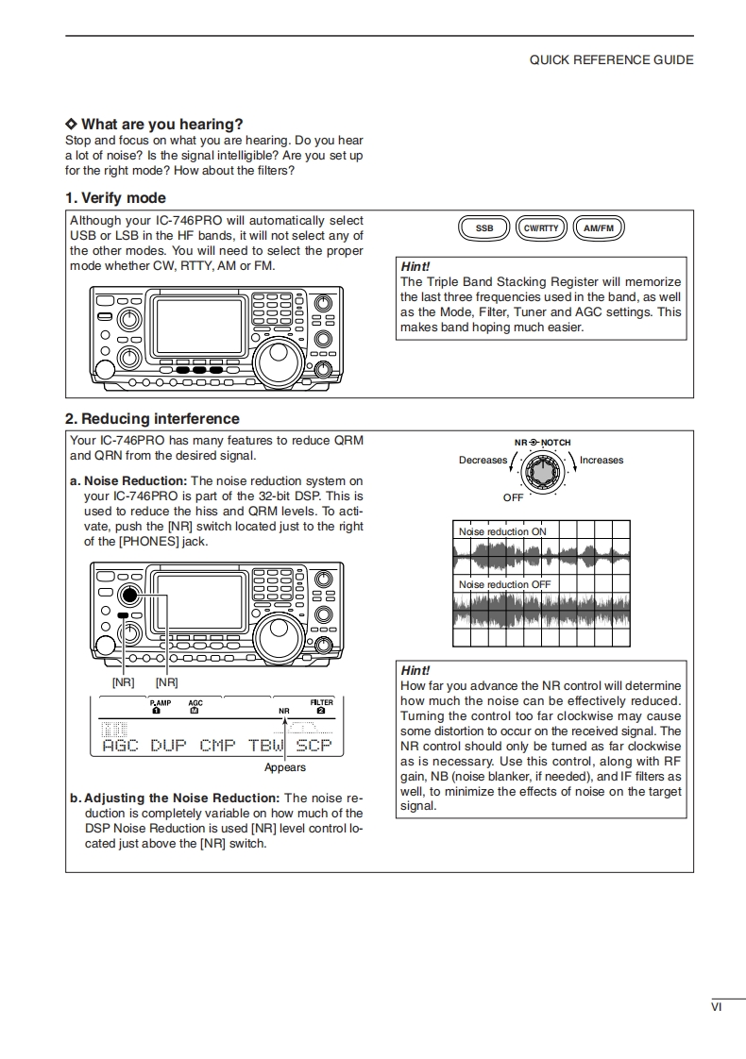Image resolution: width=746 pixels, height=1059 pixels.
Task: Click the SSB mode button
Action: point(484,228)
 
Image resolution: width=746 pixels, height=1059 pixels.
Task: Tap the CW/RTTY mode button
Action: point(542,228)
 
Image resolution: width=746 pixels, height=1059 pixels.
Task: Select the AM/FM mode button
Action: point(599,228)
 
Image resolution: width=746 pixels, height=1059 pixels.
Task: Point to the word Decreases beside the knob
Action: point(483,461)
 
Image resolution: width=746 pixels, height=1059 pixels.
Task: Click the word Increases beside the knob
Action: point(602,461)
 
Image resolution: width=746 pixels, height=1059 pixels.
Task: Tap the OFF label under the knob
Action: point(513,497)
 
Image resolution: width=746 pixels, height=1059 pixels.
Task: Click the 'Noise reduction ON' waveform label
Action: point(502,531)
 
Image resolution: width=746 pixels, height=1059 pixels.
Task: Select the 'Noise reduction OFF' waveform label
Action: point(504,584)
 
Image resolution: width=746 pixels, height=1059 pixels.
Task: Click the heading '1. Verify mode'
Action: point(115,198)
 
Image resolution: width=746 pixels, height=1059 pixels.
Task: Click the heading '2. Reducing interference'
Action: point(152,419)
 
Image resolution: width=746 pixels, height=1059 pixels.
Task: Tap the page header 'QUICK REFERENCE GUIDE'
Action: point(611,59)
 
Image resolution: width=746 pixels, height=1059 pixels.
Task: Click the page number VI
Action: point(717,1007)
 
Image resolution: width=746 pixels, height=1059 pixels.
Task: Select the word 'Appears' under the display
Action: point(284,767)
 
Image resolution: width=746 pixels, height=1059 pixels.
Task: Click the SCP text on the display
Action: point(314,746)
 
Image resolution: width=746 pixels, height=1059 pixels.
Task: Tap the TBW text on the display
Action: point(266,746)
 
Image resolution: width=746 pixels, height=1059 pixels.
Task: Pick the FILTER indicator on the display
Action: point(321,702)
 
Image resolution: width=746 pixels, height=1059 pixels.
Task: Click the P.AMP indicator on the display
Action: point(160,702)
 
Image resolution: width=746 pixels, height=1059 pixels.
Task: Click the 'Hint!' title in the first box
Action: point(415,267)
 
